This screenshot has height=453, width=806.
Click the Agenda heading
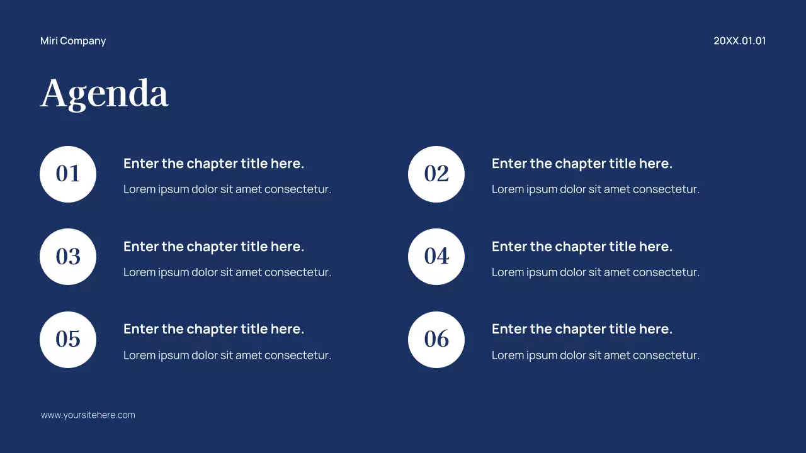coord(105,94)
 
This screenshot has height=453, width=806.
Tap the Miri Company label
coord(73,41)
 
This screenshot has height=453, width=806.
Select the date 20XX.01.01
coord(739,41)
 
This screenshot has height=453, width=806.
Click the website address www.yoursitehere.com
coord(88,415)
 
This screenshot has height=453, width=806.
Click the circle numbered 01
coord(68,174)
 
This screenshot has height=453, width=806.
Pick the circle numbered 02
coord(436,174)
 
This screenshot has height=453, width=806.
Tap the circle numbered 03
coord(68,257)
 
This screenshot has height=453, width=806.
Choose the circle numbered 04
coord(436,257)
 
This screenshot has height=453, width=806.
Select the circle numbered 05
coord(68,340)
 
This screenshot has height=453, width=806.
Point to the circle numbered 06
coord(436,340)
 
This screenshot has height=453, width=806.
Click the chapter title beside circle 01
coord(213,164)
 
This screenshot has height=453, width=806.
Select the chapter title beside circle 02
coord(582,164)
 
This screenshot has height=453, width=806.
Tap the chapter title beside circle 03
coord(213,247)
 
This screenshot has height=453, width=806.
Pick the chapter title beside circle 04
coord(582,247)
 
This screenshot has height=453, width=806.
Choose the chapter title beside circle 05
coord(213,329)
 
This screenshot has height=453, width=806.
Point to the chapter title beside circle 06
coord(582,329)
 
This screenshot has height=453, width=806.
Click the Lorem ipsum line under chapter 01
coord(227,189)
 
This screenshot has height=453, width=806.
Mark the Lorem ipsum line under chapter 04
coord(596,272)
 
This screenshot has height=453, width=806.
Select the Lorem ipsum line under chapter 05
coord(227,355)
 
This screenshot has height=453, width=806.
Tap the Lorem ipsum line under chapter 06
coord(596,355)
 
